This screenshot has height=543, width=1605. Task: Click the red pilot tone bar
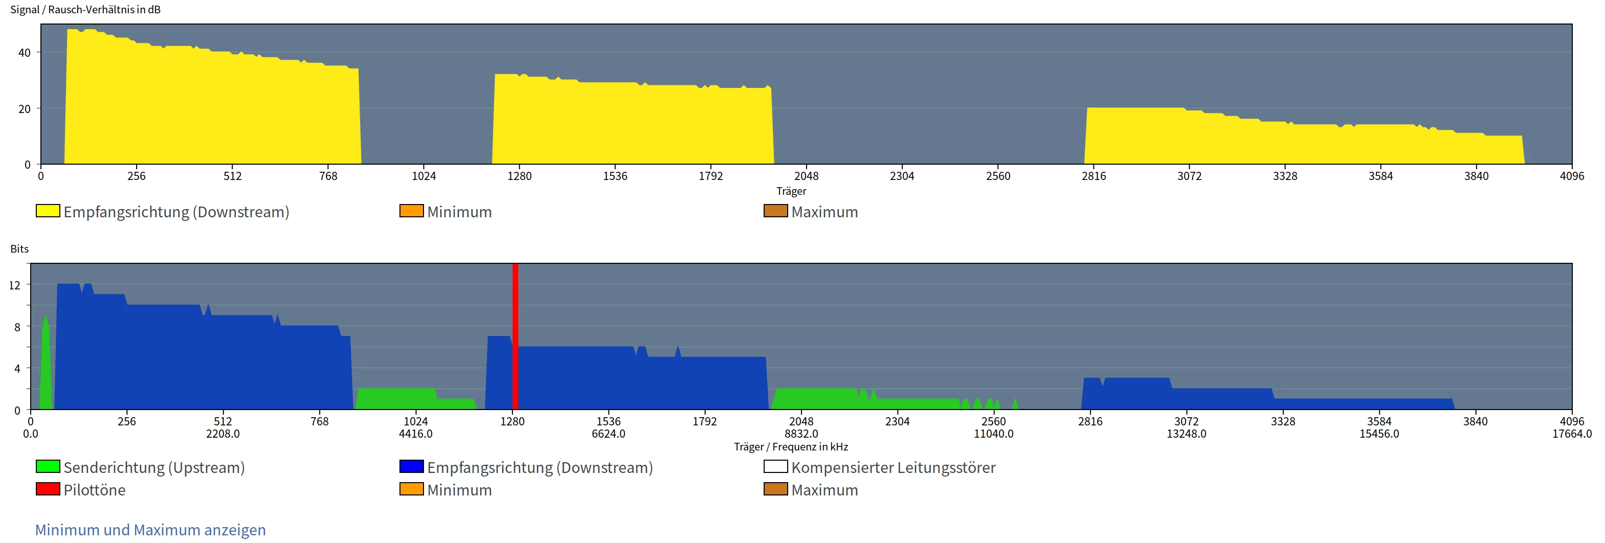(515, 336)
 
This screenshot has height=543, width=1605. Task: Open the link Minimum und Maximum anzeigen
(150, 530)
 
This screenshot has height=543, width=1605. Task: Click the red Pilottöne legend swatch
(48, 489)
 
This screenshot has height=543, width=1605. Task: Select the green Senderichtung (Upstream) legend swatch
(48, 466)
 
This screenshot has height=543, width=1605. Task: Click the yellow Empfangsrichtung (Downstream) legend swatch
(48, 211)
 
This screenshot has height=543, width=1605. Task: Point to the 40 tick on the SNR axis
(25, 53)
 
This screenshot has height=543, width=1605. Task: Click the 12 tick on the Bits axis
(14, 285)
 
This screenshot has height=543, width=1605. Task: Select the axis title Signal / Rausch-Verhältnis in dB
(85, 10)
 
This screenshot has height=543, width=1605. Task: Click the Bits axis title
(19, 249)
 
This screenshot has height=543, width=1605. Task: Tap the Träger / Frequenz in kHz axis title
(791, 446)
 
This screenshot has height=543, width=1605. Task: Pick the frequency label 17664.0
(1571, 434)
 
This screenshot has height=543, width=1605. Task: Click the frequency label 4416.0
(416, 434)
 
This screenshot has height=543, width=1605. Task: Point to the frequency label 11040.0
(993, 434)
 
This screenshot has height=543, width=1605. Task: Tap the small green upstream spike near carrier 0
(46, 368)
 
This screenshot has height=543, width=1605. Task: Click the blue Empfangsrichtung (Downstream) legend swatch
(411, 466)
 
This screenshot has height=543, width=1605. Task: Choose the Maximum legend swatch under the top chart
(775, 211)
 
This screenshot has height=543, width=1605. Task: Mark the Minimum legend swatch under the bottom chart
(411, 489)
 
